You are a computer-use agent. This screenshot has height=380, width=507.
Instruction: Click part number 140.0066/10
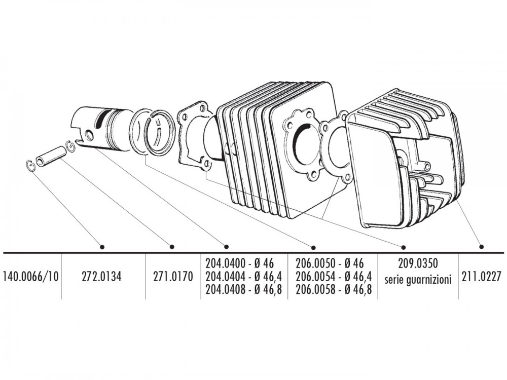tap(30, 277)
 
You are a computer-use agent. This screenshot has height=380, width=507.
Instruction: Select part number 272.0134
tap(101, 277)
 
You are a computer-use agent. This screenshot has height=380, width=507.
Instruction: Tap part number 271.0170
tap(173, 277)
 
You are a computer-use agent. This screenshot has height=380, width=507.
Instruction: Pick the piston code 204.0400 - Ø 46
tap(240, 263)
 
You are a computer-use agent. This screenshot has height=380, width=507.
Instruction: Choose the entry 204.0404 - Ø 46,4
tap(244, 277)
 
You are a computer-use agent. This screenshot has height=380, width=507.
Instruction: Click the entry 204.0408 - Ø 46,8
tap(244, 289)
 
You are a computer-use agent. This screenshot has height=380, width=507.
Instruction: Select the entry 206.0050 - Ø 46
tap(330, 263)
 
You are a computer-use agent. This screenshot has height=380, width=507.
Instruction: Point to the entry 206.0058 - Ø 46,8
tap(334, 289)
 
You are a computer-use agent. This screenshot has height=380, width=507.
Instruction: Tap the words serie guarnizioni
tap(418, 279)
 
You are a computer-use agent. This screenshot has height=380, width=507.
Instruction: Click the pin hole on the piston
tap(89, 135)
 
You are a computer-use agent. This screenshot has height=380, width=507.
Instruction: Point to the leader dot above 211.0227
tap(482, 247)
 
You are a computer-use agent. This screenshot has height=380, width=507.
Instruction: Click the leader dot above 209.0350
tap(403, 248)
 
